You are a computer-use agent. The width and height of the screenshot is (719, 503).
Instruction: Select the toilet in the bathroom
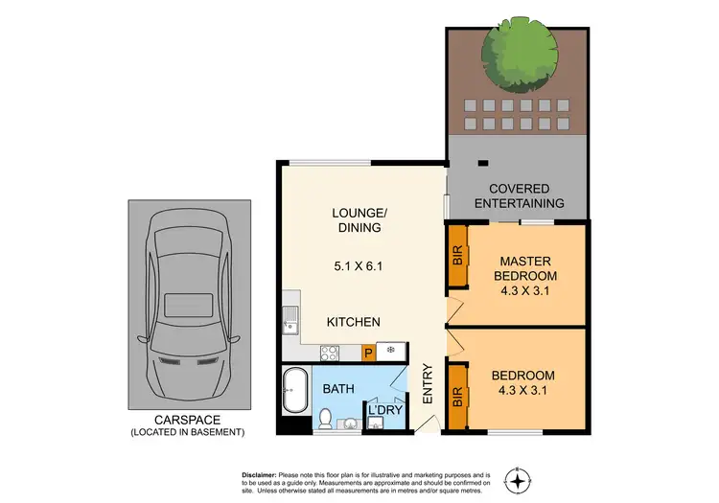326,419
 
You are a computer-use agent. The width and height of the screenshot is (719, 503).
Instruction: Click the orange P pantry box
367,353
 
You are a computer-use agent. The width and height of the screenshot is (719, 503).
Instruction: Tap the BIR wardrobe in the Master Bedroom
457,257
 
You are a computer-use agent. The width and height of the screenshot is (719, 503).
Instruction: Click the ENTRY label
429,383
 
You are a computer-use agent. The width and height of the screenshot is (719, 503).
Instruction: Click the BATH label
336,389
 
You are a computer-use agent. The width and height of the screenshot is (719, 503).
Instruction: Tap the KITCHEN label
354,323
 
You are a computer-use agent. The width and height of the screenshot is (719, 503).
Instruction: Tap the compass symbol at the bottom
519,480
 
